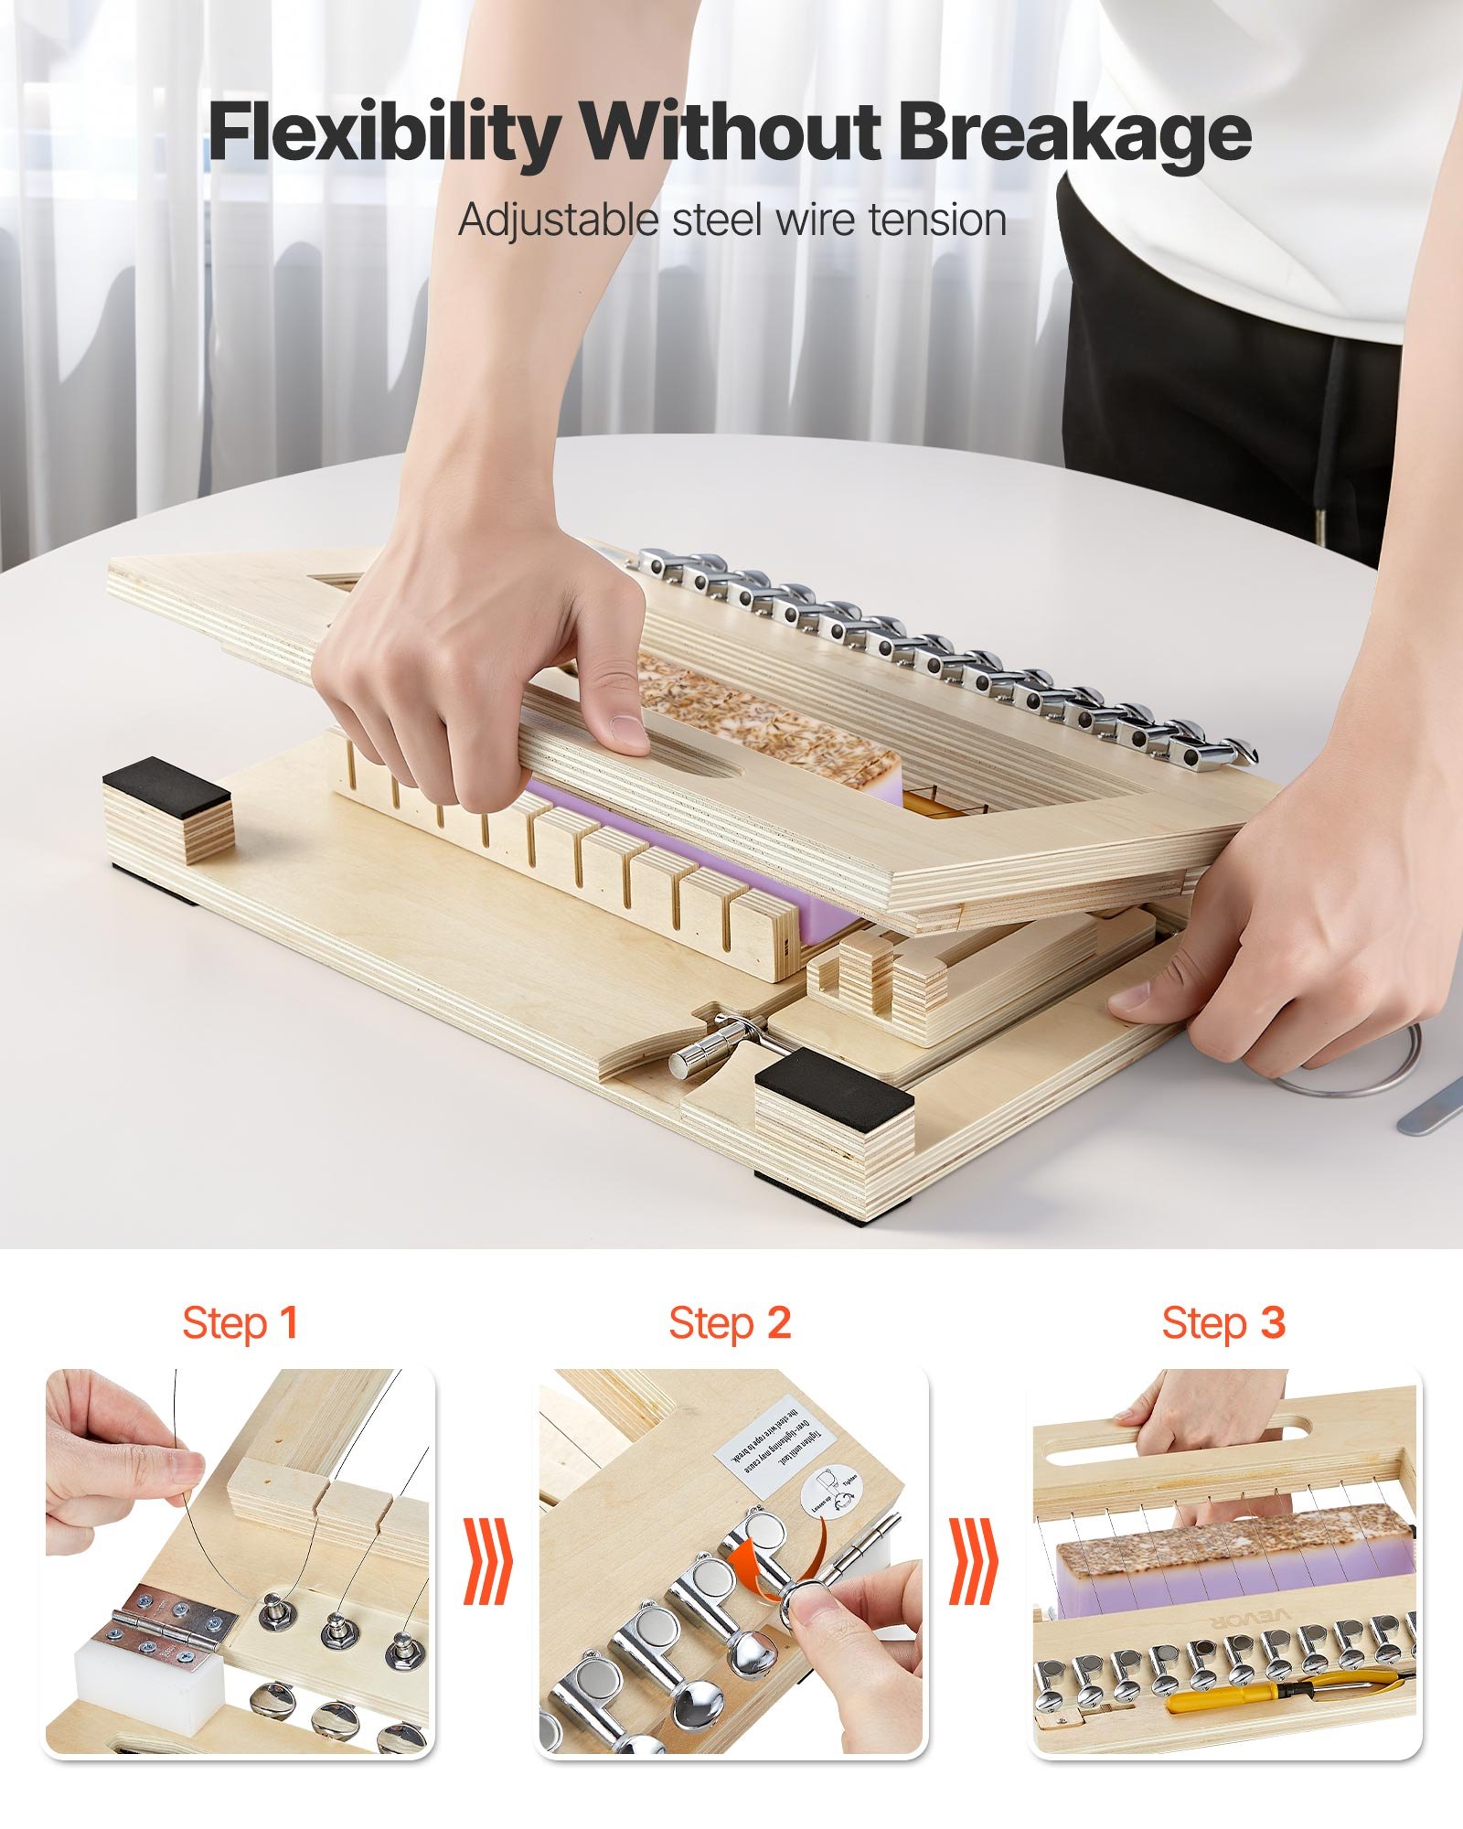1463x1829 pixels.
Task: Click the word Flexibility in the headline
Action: [x=384, y=133]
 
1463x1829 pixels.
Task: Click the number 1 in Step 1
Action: [x=289, y=1323]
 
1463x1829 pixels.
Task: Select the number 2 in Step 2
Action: [x=778, y=1323]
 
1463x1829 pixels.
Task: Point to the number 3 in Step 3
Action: [x=1272, y=1323]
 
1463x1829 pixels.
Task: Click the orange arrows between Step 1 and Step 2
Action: [x=486, y=1560]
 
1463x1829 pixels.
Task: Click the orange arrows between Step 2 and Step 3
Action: [x=972, y=1560]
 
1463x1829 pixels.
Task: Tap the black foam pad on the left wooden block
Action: [x=166, y=784]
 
